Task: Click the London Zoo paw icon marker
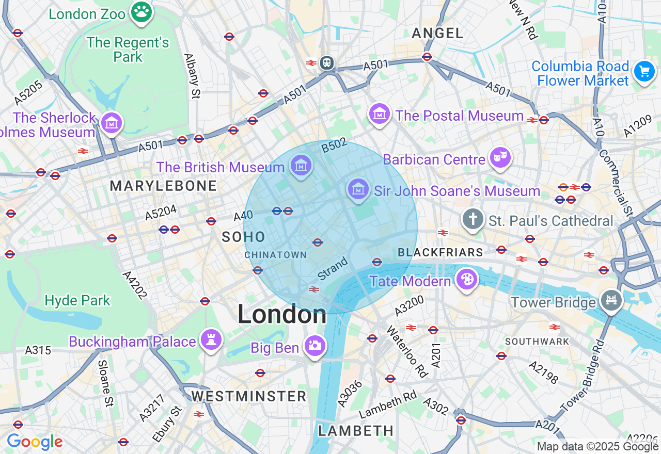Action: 141,11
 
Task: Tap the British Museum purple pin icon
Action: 301,166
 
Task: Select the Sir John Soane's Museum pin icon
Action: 358,189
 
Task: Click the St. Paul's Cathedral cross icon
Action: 473,219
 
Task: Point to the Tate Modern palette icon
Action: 466,280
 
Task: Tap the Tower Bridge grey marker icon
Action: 611,300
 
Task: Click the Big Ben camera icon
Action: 315,346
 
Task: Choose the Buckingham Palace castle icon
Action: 211,339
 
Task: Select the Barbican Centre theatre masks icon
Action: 500,157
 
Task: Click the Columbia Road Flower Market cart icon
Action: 644,72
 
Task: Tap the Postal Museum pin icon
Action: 380,113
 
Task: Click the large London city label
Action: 282,314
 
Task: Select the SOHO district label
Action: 243,237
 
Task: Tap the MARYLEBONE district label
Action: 163,186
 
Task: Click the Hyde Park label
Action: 77,300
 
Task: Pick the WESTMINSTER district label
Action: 249,396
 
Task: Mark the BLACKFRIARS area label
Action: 440,252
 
